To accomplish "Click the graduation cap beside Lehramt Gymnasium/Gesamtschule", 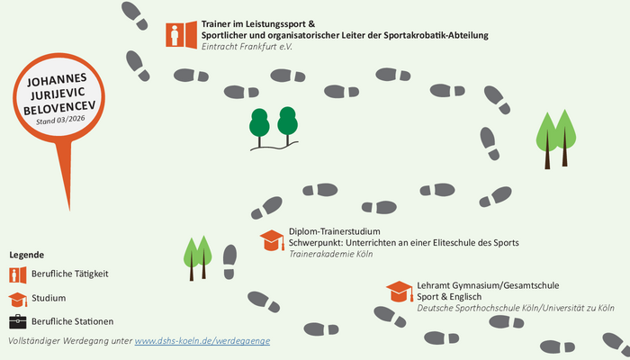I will click(400, 292).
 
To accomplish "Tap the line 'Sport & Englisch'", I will click(449, 297).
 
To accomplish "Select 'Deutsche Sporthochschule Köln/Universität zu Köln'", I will click(515, 309).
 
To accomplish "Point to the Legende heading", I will click(26, 255).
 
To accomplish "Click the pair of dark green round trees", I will click(273, 126).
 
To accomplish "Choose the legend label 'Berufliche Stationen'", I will click(73, 321).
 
